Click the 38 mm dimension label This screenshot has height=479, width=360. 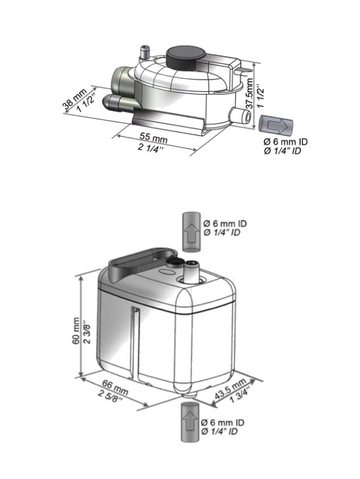pos(75,97)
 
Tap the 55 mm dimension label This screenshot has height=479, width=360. pos(154,137)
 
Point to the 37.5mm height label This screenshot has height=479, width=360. pos(249,93)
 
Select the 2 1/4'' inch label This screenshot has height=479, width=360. pos(151,148)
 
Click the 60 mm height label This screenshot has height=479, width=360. pos(76,331)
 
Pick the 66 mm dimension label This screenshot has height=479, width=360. pos(115,387)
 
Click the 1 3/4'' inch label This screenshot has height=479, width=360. pos(240,395)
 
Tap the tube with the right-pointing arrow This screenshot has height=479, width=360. pos(276,124)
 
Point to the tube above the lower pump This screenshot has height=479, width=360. pos(191,232)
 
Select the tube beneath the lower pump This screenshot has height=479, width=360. pos(190,422)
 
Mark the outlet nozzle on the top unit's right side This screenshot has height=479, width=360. pos(242,116)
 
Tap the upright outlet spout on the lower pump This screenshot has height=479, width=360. pos(191,271)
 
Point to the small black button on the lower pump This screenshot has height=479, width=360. pos(175,262)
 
